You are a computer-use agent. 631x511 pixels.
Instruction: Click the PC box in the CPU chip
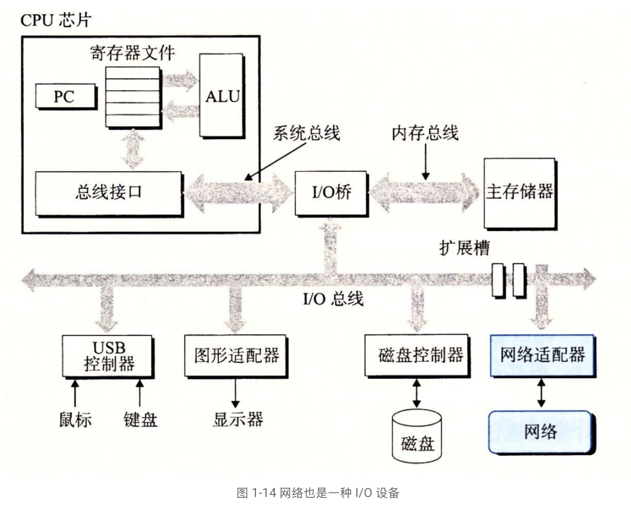[x=65, y=96]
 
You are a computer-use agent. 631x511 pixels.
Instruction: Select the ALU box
[x=222, y=96]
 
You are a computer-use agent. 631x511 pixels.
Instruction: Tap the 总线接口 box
[x=108, y=192]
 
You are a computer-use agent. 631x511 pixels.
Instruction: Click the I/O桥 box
[x=331, y=192]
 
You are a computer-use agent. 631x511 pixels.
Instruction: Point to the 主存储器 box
[x=519, y=192]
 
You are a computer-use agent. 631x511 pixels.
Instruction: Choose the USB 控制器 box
[x=108, y=356]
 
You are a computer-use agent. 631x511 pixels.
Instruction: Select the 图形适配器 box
[x=236, y=356]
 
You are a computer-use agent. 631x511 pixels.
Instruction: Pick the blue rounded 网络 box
[x=540, y=432]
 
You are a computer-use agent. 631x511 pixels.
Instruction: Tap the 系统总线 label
[x=306, y=133]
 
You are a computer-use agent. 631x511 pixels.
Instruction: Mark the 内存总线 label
[x=425, y=133]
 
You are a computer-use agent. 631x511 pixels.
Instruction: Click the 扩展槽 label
[x=464, y=248]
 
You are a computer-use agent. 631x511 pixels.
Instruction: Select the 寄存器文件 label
[x=132, y=53]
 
